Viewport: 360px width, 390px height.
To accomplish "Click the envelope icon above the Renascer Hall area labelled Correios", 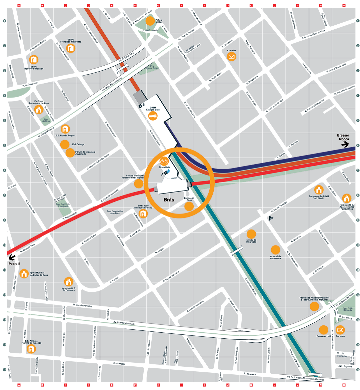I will (340, 330).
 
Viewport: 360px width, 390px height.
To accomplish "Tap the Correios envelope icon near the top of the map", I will (231, 57).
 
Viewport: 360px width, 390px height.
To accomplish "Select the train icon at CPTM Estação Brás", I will (153, 116).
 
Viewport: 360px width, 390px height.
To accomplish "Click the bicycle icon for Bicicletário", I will (164, 161).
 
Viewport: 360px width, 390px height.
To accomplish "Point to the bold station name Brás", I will (169, 200).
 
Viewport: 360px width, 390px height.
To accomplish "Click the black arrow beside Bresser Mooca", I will (345, 144).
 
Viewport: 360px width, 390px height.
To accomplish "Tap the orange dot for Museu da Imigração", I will (251, 234).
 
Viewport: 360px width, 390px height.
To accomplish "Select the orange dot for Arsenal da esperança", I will (275, 250).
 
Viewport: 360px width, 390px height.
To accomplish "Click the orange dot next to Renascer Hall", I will (323, 330).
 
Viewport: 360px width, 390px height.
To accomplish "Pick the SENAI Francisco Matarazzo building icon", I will (70, 49).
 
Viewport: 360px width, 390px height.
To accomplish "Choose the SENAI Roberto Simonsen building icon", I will (33, 60).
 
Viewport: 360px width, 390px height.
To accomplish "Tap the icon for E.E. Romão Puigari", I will (65, 129).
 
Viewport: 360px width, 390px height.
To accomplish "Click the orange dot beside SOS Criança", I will (64, 145).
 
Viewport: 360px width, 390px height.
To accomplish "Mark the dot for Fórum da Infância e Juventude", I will (70, 153).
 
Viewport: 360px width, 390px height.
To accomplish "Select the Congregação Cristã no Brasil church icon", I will (319, 190).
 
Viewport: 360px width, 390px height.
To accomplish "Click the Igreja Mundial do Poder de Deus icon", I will (24, 274).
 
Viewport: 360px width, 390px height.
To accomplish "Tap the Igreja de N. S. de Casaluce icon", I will (68, 282).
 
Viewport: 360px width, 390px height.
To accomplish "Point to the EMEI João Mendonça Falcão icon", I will (143, 213).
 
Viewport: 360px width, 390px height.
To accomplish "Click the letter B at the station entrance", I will (143, 105).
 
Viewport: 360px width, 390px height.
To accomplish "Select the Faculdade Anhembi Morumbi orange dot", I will (314, 306).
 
